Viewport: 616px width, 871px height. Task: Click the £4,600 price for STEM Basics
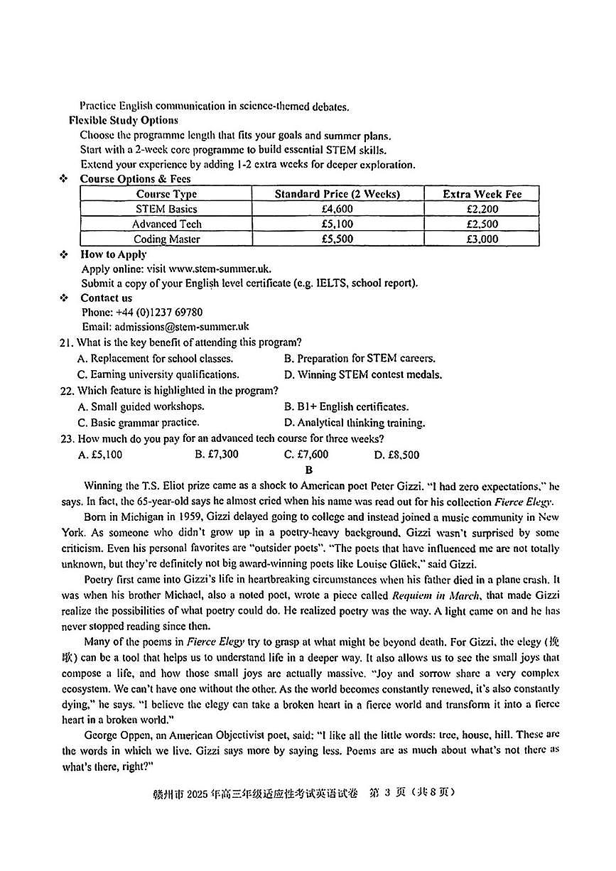(x=337, y=209)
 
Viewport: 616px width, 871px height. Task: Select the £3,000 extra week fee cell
(x=482, y=239)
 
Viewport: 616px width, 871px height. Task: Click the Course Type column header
(x=166, y=194)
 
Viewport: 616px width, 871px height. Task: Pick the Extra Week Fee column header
(x=482, y=194)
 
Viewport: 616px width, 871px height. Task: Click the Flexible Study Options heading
(x=123, y=120)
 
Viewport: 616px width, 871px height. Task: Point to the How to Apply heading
(x=114, y=254)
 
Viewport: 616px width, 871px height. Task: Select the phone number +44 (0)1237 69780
(x=158, y=312)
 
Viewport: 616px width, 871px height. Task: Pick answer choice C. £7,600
(x=306, y=455)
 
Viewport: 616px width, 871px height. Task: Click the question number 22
(x=67, y=391)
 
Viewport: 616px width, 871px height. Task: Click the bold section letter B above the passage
(x=308, y=470)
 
